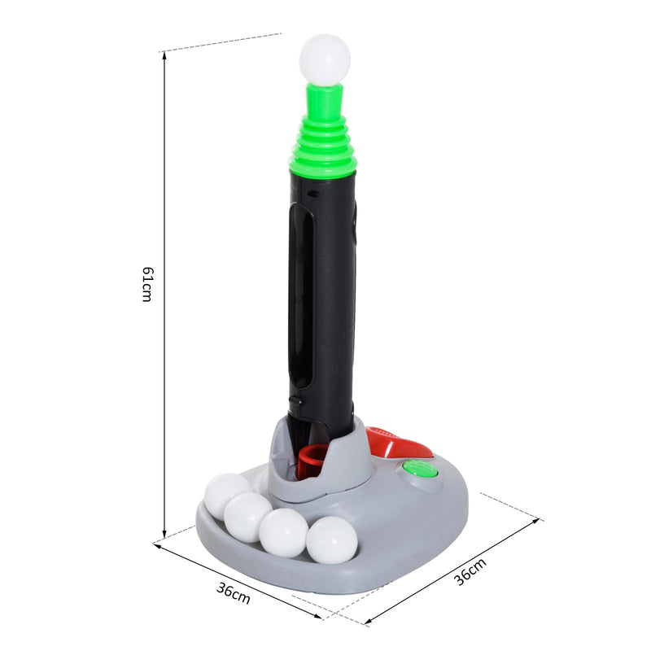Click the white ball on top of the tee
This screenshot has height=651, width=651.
[325, 59]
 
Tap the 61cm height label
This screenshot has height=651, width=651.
[147, 283]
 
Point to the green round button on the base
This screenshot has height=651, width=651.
[420, 469]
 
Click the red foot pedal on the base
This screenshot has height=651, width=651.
[398, 443]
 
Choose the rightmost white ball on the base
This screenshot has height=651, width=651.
[332, 540]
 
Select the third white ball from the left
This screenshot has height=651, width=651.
[283, 533]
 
